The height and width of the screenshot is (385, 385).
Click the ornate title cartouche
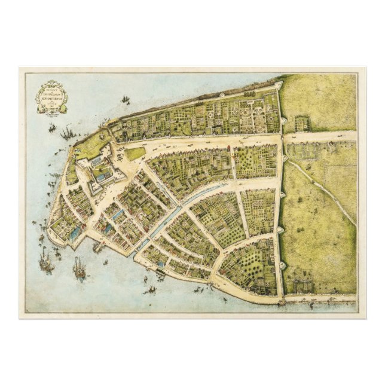(51, 96)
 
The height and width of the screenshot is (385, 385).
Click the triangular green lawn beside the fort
(135, 154)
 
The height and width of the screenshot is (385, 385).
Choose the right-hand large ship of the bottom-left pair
(80, 267)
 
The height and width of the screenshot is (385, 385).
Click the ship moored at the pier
(99, 245)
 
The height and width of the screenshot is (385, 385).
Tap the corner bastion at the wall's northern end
(278, 87)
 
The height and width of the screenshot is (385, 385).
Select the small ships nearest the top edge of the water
(125, 99)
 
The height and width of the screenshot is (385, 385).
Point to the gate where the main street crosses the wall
(280, 138)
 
